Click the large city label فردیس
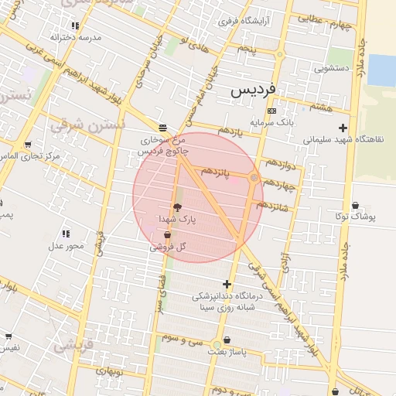253,90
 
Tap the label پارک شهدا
179,220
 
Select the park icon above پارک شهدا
178,207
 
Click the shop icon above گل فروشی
167,234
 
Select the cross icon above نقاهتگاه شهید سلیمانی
343,128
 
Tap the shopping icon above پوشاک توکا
355,206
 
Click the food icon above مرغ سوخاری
162,128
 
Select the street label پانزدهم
217,170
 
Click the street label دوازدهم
280,164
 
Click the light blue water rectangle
381,70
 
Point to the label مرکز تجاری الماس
30,157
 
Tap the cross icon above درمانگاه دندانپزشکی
227,284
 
